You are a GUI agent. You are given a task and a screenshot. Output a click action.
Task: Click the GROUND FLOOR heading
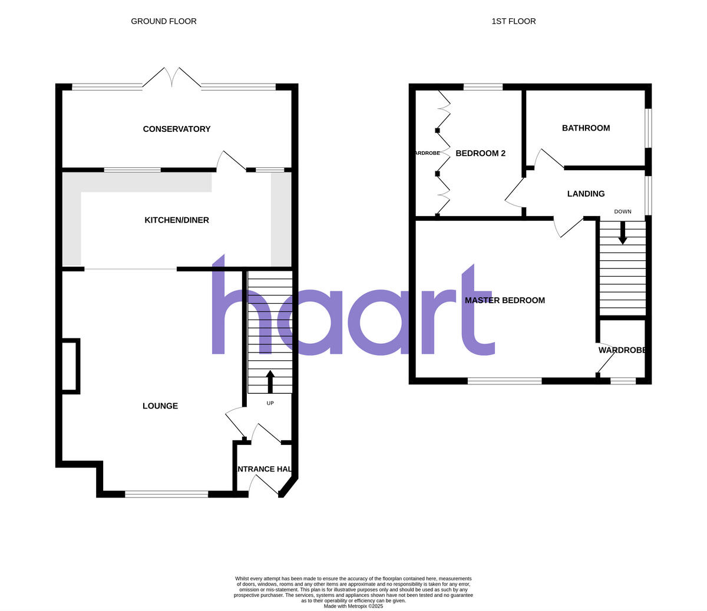[x=164, y=21]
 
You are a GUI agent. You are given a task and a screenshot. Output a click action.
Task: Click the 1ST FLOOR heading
[x=514, y=21]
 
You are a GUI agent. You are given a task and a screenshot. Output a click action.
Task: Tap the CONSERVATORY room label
[x=177, y=129]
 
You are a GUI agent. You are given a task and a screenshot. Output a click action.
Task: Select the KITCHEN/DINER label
[x=177, y=220]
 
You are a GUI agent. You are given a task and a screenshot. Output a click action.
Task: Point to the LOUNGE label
[x=160, y=406]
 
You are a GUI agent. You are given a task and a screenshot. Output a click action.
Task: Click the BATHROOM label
[x=586, y=128]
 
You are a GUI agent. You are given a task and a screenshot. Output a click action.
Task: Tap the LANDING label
[x=586, y=194]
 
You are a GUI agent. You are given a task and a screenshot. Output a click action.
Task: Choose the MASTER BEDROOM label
[x=505, y=300]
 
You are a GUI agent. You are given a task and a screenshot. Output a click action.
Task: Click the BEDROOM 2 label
[x=481, y=153]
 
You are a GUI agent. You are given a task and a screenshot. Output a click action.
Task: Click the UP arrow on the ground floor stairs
[x=270, y=381]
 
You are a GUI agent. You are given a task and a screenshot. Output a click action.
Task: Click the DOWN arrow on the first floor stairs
[x=623, y=234]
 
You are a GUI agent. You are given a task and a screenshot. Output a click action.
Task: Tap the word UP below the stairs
[x=270, y=403]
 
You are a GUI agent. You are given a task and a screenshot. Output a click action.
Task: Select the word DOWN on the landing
[x=623, y=212]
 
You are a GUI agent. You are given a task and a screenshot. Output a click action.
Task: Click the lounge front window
[x=167, y=494]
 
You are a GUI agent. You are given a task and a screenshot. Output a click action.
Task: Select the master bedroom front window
[x=505, y=381]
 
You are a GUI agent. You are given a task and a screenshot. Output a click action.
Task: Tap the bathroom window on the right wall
[x=647, y=128]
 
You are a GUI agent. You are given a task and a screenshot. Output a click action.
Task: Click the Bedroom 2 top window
[x=483, y=87]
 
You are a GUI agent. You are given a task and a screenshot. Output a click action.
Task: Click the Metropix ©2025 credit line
[x=353, y=606]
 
